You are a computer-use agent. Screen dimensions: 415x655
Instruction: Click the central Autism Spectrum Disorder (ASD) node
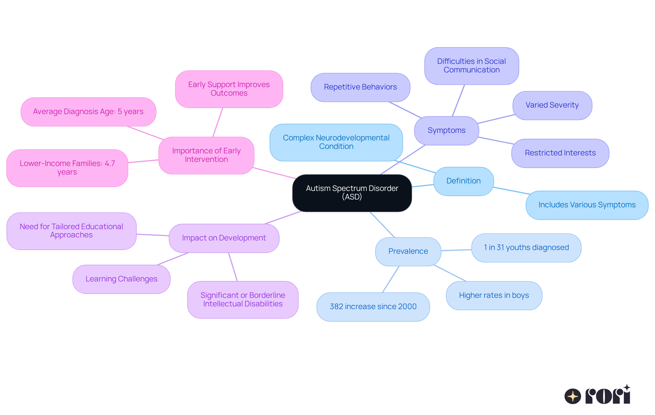click(x=352, y=193)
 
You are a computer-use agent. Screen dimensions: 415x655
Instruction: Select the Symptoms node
click(x=446, y=130)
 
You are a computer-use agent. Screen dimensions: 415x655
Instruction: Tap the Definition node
click(x=463, y=181)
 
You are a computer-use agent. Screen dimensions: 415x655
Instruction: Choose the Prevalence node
click(x=408, y=251)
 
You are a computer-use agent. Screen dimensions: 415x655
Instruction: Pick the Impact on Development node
click(x=224, y=238)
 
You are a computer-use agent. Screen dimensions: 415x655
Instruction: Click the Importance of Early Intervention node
click(x=206, y=155)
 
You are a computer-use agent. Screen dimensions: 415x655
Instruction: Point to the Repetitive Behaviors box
click(x=360, y=87)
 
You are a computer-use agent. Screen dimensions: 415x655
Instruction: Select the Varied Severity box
click(x=552, y=105)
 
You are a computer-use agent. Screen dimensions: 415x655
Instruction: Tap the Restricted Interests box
click(x=560, y=153)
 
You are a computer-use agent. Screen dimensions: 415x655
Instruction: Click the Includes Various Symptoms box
click(x=587, y=205)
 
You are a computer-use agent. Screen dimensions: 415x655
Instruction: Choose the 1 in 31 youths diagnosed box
click(x=526, y=248)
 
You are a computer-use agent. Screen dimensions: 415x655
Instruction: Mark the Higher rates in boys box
click(x=494, y=295)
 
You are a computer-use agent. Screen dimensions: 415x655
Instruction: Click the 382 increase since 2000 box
click(x=373, y=307)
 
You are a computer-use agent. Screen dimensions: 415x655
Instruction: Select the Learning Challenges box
click(x=121, y=279)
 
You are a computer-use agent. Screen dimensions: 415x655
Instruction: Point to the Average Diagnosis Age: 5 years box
click(x=88, y=112)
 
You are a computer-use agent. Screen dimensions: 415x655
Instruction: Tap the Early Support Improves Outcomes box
click(x=229, y=89)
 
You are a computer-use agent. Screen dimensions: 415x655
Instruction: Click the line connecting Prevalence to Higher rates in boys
click(x=450, y=273)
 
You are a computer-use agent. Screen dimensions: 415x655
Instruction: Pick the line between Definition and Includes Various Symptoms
click(x=511, y=191)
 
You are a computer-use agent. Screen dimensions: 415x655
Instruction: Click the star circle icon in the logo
click(x=572, y=396)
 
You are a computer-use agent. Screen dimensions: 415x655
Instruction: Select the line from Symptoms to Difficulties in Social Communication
click(x=458, y=100)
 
